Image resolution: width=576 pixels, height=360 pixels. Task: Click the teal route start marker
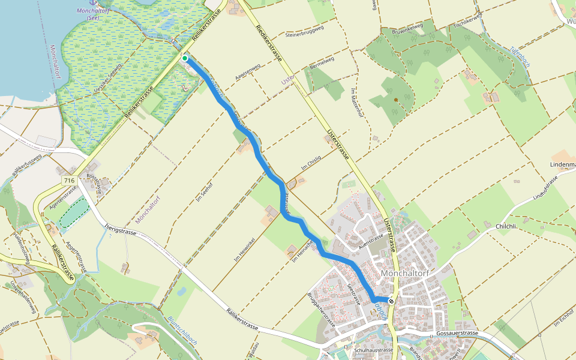(185, 58)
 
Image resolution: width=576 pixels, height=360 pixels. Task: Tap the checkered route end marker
(391, 301)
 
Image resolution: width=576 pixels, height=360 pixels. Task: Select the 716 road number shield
(70, 181)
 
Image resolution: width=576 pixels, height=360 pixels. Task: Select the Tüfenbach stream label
(520, 60)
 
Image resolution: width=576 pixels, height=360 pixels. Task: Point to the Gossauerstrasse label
(457, 333)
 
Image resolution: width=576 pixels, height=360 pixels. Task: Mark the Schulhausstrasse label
(373, 350)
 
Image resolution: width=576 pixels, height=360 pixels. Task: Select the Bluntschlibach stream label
(182, 329)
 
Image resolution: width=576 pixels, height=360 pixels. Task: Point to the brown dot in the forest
(396, 100)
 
